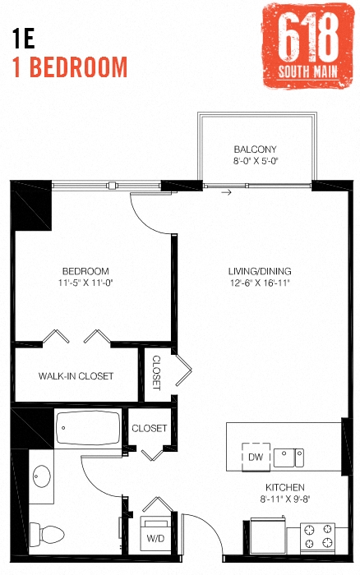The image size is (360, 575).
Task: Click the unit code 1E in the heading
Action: point(25,38)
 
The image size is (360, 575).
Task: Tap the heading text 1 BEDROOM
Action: point(71,67)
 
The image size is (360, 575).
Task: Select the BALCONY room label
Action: point(255,149)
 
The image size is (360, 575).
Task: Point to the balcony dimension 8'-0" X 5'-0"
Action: point(255,162)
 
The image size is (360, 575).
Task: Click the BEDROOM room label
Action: point(85,271)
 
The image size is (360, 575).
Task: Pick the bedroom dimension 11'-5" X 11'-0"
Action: point(85,283)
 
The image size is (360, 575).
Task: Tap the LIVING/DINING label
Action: point(260,271)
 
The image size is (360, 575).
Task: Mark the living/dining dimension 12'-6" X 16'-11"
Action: point(260,283)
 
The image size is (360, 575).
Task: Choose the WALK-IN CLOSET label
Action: point(76,376)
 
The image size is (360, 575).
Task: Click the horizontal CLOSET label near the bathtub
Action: point(149,428)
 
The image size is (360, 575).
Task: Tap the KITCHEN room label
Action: point(285,486)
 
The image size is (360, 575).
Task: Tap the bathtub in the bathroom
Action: point(89,428)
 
